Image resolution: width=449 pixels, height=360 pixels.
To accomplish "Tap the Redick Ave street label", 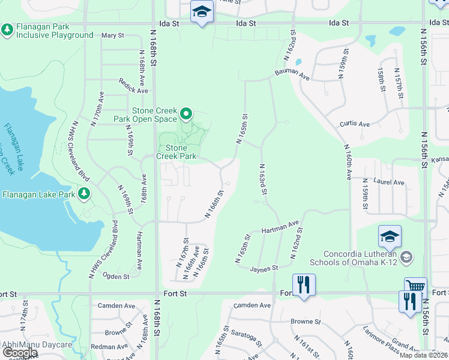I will [x=133, y=86].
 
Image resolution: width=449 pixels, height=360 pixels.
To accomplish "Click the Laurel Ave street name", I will [x=390, y=182].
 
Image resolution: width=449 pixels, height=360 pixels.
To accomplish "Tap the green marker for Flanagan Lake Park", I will [x=84, y=194].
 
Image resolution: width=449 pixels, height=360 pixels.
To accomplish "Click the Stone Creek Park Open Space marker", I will [x=186, y=113].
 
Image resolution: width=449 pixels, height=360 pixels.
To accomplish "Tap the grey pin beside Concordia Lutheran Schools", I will [x=406, y=257].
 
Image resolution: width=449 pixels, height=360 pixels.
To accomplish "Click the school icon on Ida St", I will [x=202, y=12].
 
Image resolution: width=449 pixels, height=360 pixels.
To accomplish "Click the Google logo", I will [x=19, y=353].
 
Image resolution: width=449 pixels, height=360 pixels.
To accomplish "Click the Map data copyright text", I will [x=424, y=355].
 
